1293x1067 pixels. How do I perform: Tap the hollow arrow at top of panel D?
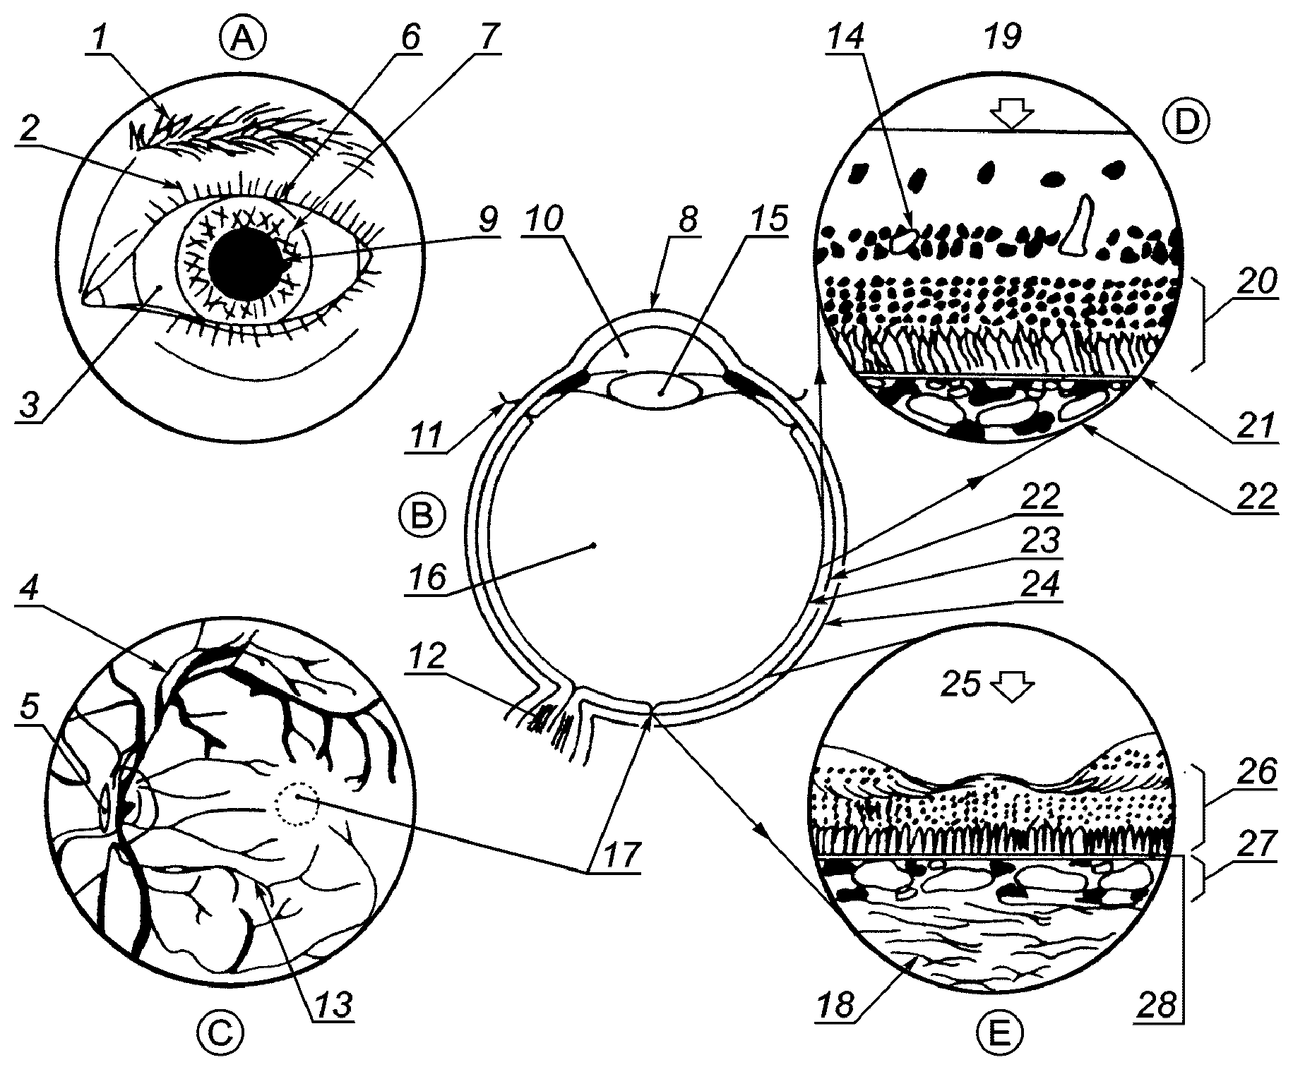(1012, 115)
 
